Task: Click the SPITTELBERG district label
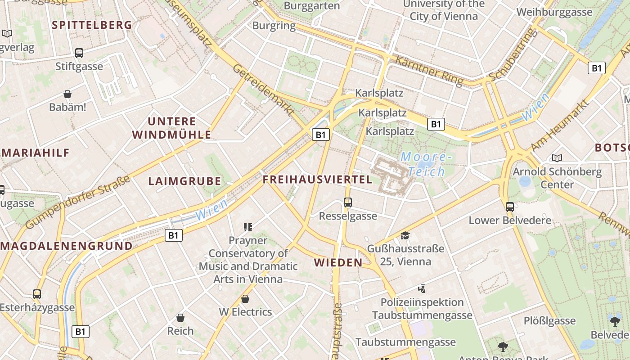92,25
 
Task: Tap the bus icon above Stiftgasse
79,53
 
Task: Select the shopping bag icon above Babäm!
67,94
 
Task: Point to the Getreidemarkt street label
263,89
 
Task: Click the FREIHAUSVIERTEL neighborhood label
317,180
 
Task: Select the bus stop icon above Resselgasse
348,202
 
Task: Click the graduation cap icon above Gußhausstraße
405,235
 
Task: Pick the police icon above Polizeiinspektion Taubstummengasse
422,289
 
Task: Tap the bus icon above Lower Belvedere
509,207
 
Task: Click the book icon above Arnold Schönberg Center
557,158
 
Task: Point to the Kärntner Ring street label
429,70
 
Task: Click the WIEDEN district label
338,262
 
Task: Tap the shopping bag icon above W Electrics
245,299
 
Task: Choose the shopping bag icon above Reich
180,318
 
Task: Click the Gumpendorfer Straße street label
78,202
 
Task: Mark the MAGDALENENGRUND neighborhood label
67,246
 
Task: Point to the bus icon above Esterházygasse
37,294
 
